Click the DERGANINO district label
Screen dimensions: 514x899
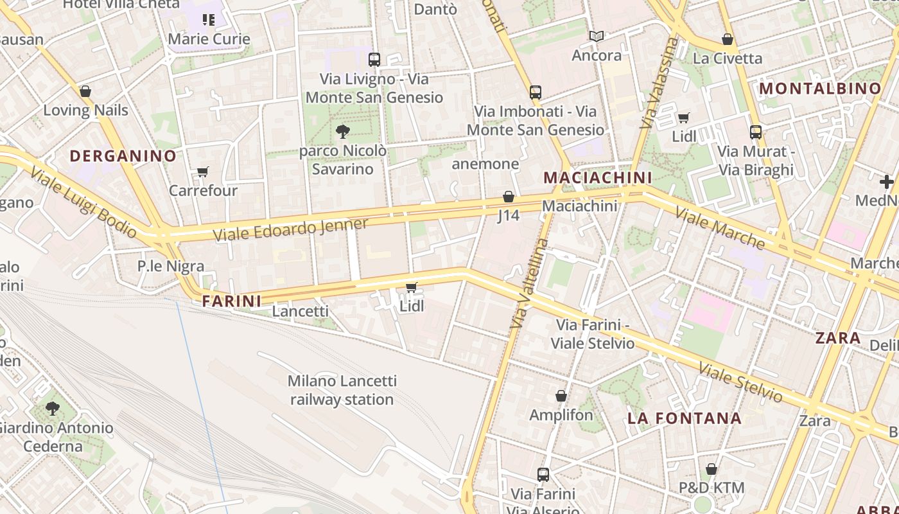coord(123,155)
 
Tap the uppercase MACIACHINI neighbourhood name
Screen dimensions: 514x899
coord(597,177)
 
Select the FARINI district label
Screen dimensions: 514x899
coord(232,301)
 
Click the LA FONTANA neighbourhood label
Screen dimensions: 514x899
coord(685,418)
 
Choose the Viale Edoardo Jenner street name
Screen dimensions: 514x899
coord(291,229)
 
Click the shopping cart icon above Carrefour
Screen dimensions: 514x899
coord(203,172)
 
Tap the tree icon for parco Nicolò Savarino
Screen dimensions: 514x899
coord(343,132)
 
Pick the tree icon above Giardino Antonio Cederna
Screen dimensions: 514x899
coord(53,408)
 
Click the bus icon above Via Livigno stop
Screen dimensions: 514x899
coord(374,60)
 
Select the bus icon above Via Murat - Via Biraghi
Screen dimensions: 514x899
coord(756,132)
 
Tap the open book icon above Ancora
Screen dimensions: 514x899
coord(597,36)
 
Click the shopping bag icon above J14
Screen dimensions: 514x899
coord(509,197)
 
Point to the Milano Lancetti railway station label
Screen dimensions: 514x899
coord(342,390)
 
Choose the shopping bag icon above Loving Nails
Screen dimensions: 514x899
coord(85,91)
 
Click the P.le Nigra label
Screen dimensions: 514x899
coord(171,266)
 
